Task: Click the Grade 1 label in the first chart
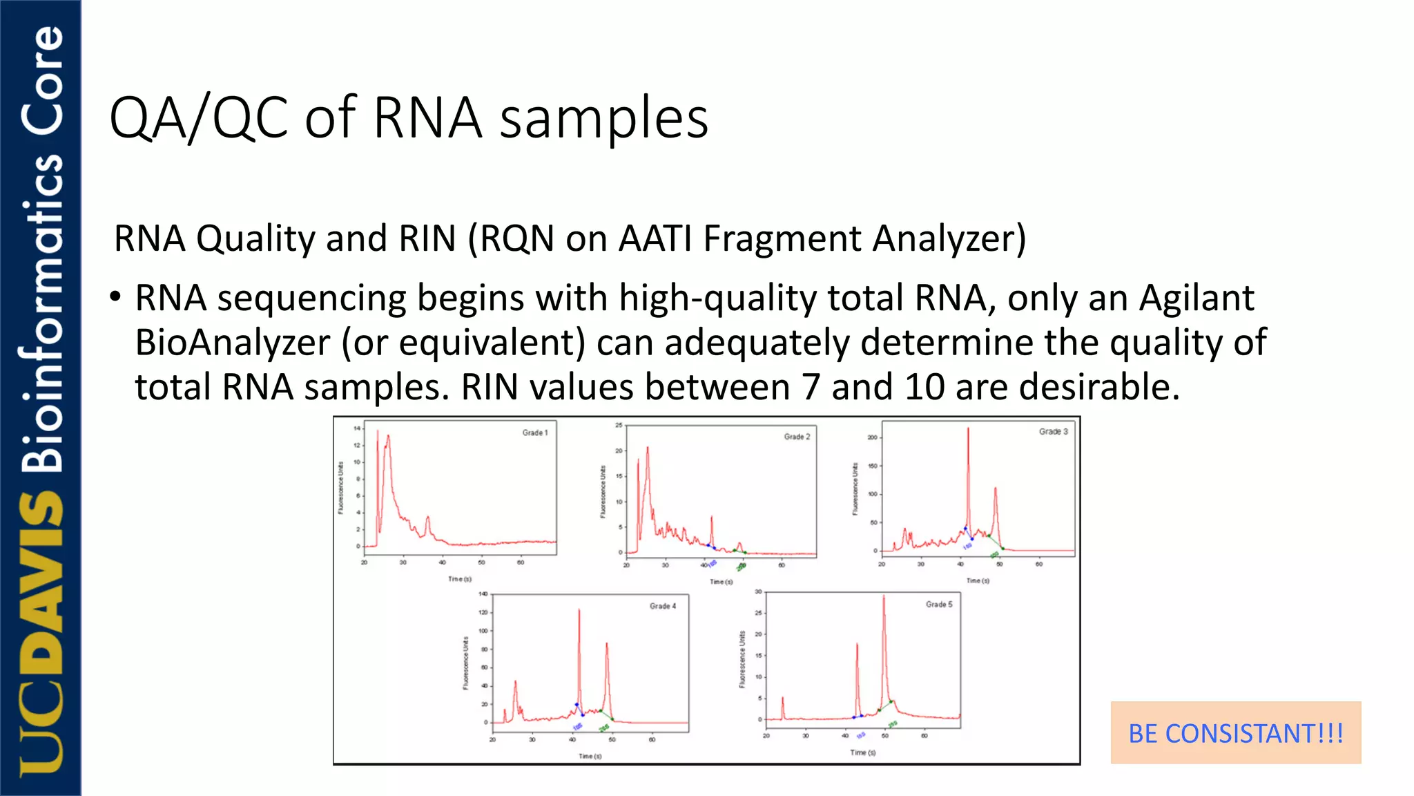click(x=534, y=433)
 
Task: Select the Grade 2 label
click(x=797, y=437)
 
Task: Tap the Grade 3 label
click(x=1053, y=431)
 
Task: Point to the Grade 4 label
click(x=663, y=606)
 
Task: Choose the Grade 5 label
click(x=939, y=604)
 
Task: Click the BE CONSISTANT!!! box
click(x=1235, y=733)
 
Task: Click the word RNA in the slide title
click(x=427, y=118)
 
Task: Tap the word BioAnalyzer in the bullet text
click(x=233, y=343)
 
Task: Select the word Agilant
click(x=1196, y=298)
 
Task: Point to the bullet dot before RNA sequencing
click(x=115, y=298)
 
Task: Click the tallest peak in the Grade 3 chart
click(x=968, y=430)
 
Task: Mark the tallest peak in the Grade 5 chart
click(x=884, y=598)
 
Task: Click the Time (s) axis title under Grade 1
click(x=459, y=579)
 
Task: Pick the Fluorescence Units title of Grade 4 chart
click(x=465, y=663)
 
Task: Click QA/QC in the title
click(x=199, y=118)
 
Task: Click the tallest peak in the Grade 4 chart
click(x=579, y=612)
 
